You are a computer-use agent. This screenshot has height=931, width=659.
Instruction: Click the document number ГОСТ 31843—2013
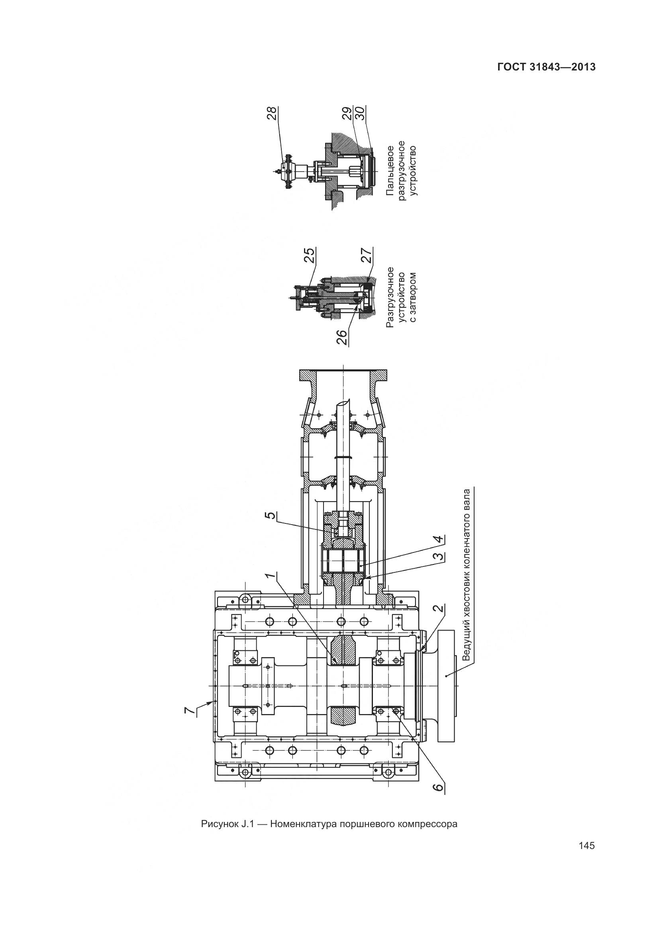click(x=546, y=67)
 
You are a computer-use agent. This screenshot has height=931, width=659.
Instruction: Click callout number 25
click(x=310, y=256)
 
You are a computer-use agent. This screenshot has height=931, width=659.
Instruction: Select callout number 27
click(x=367, y=256)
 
